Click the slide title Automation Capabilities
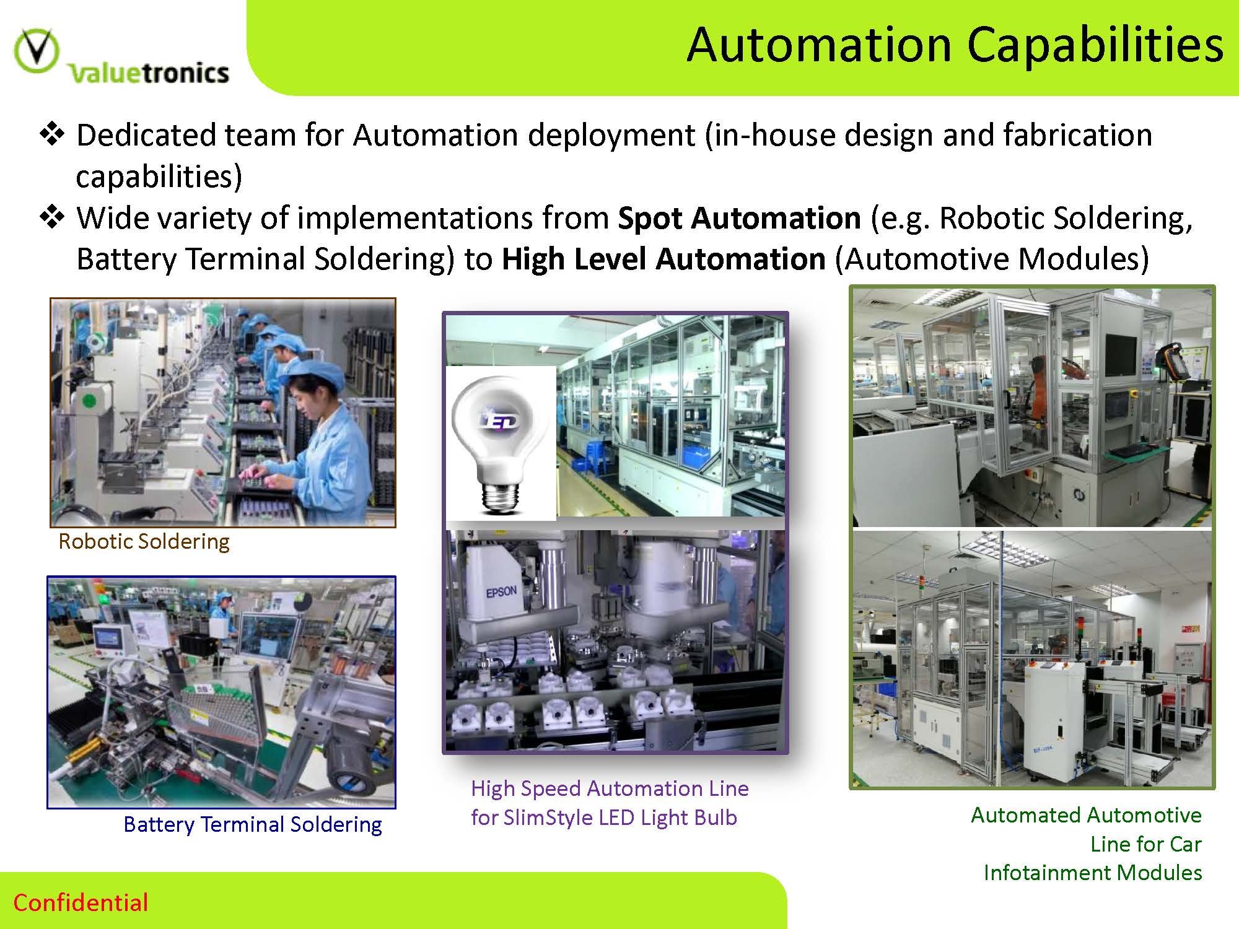(955, 46)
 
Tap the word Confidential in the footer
(81, 902)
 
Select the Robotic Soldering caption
(144, 541)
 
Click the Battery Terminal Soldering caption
(253, 824)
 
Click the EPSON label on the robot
(501, 593)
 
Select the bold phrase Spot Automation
(739, 218)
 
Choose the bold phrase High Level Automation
(663, 259)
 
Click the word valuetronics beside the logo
(149, 73)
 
